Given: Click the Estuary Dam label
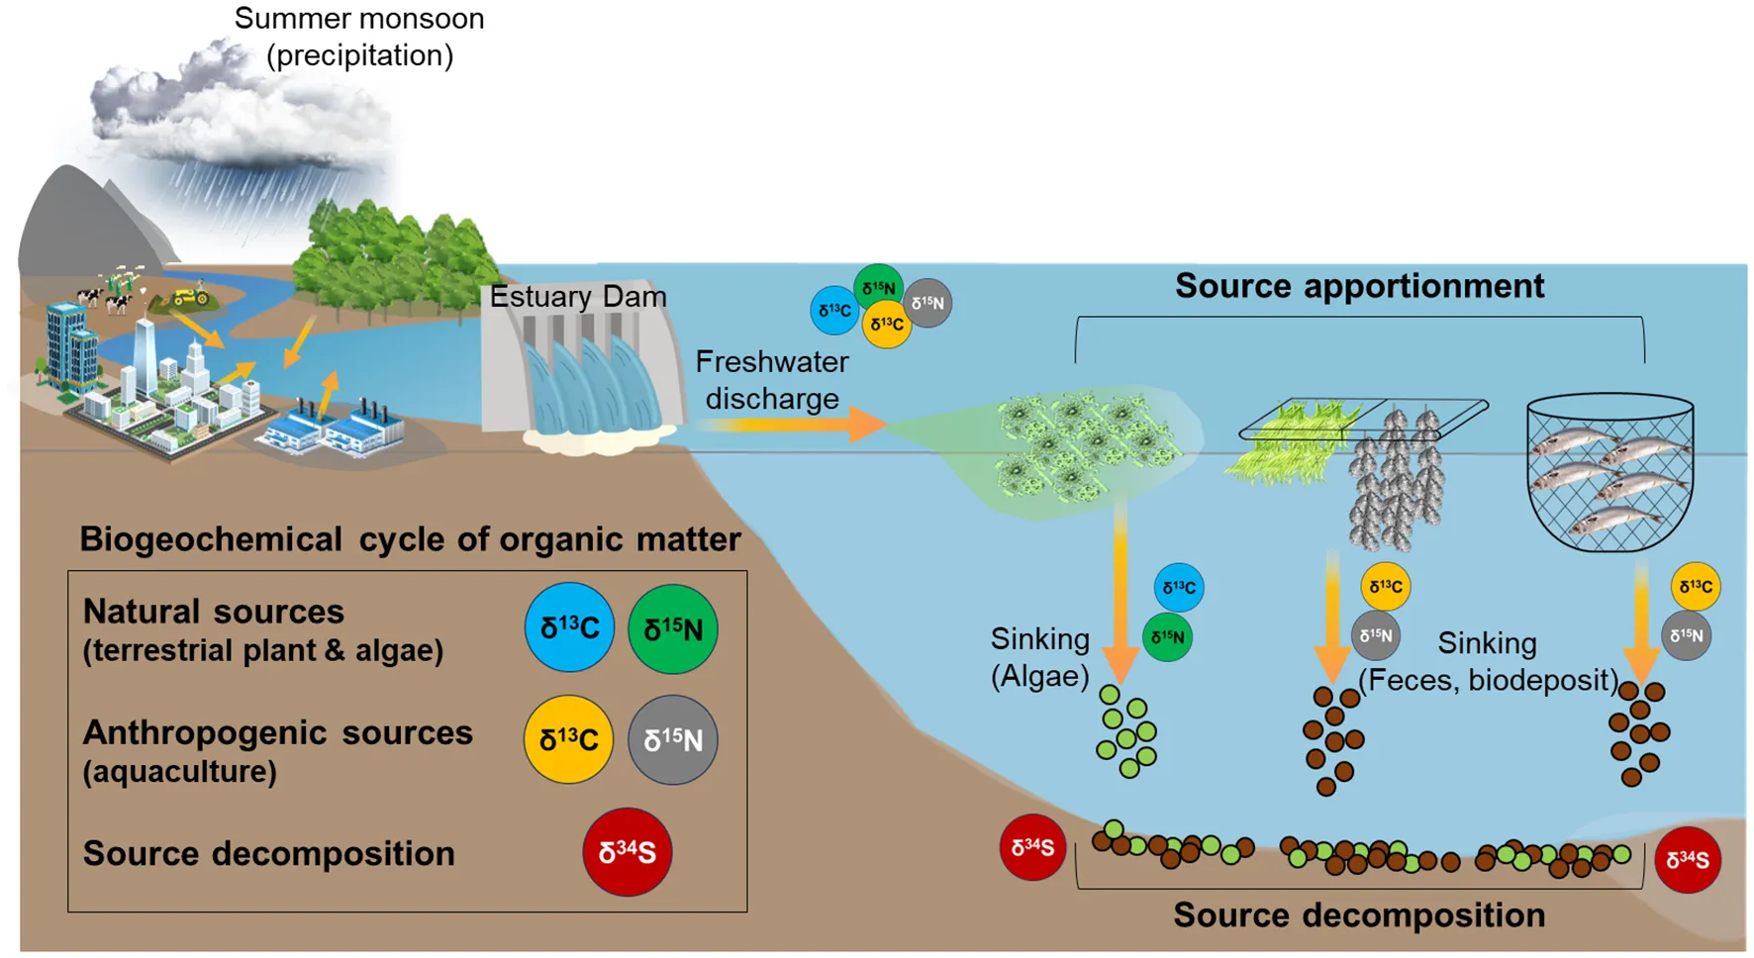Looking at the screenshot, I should pos(578,297).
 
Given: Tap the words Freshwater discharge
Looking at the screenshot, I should pos(772,380).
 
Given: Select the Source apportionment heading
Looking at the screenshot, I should pos(1359,286).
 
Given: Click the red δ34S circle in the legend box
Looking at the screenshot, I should pos(627,852).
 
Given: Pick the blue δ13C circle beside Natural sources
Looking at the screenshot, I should pos(569,627).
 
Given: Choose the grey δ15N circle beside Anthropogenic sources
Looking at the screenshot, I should pos(673,739).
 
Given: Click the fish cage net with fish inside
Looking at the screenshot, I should pos(1609,472).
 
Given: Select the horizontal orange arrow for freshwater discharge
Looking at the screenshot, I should pos(792,425).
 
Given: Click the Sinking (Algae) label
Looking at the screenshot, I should pos(1039,657).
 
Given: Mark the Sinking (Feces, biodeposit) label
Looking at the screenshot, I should pos(1488,662).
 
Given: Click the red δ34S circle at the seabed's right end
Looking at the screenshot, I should pos(1688,860).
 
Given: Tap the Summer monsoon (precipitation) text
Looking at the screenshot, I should pos(359,37).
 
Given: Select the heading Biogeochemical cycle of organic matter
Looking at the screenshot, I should pos(410,539).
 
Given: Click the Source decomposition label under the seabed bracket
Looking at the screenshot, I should pos(1359,915).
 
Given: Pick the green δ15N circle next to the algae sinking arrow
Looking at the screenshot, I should pos(1167,637).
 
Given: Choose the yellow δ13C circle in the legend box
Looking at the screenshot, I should pos(568,739).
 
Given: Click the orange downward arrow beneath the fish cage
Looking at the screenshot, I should pos(1641,623).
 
